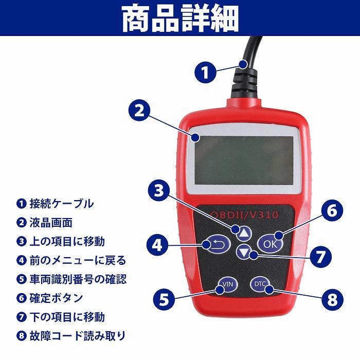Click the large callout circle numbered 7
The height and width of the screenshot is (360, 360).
coord(320,256)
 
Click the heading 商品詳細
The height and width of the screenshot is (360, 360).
coord(180,19)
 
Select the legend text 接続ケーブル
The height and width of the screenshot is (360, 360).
coord(61,204)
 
